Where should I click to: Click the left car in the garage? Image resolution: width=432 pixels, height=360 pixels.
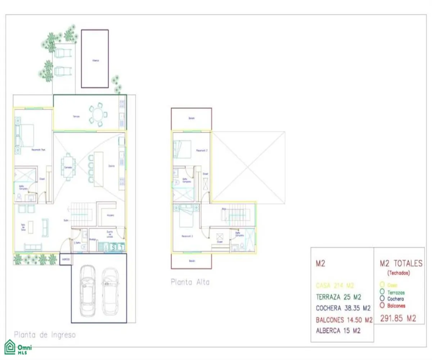[x=87, y=291]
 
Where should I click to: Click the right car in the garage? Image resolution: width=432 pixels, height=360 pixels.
[x=111, y=292]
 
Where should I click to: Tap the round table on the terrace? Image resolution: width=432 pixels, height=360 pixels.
[x=98, y=115]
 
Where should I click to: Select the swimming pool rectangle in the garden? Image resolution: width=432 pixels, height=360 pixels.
[x=95, y=58]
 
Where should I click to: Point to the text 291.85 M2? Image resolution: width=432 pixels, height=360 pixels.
[x=398, y=318]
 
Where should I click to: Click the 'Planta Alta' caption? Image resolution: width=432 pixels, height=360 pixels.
[x=190, y=282]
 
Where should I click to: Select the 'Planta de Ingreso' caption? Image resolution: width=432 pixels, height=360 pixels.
[x=45, y=334]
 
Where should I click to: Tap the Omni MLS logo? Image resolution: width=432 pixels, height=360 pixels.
[x=18, y=348]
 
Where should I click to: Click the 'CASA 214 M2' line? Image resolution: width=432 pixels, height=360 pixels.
[x=335, y=285]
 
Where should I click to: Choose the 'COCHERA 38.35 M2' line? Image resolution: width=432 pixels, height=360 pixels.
[x=343, y=308]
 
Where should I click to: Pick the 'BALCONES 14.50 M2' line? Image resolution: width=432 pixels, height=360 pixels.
[x=344, y=320]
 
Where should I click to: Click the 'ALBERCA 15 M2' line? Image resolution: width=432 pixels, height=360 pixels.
[x=338, y=331]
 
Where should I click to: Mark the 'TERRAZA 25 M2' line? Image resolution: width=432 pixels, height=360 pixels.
[x=338, y=297]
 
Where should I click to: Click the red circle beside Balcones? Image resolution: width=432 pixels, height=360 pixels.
[x=382, y=306]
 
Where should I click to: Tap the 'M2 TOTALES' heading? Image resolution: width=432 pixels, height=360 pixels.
[x=401, y=264]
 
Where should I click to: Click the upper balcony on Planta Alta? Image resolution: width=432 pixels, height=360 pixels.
[x=191, y=118]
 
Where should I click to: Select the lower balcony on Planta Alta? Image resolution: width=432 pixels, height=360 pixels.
[x=191, y=261]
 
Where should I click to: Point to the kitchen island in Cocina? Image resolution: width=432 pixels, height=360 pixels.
[x=98, y=169]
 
